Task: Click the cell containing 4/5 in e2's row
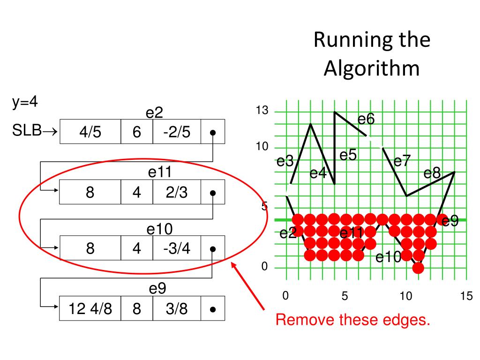tap(90, 132)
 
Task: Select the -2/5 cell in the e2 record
tap(177, 132)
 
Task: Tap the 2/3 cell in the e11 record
tap(177, 192)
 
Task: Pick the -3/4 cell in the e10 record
tap(177, 248)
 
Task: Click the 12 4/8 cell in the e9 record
tap(90, 309)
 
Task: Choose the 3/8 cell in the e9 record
tap(177, 309)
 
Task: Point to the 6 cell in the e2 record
tap(136, 132)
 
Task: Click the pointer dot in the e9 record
tap(213, 309)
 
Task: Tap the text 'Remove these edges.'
tap(353, 320)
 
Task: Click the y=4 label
tap(25, 103)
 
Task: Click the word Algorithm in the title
tap(372, 68)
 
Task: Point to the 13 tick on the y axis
tap(262, 111)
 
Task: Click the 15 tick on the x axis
tap(466, 296)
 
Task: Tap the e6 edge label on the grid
tap(366, 120)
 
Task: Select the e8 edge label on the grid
tap(432, 173)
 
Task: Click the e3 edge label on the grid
tap(285, 162)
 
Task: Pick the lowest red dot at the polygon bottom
tap(418, 268)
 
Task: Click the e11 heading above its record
tap(159, 172)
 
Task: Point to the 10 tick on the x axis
tap(405, 296)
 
